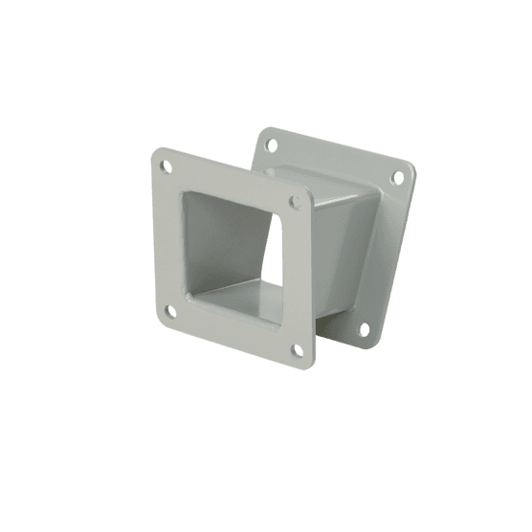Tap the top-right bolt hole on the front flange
tap(295, 203)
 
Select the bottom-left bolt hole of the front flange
tap(169, 310)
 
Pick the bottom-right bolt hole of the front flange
tap(297, 351)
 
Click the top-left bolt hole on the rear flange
tap(272, 144)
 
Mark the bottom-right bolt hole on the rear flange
tap(364, 329)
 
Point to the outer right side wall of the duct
tap(340, 258)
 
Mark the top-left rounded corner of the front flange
tap(156, 153)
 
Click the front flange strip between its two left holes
tap(165, 239)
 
